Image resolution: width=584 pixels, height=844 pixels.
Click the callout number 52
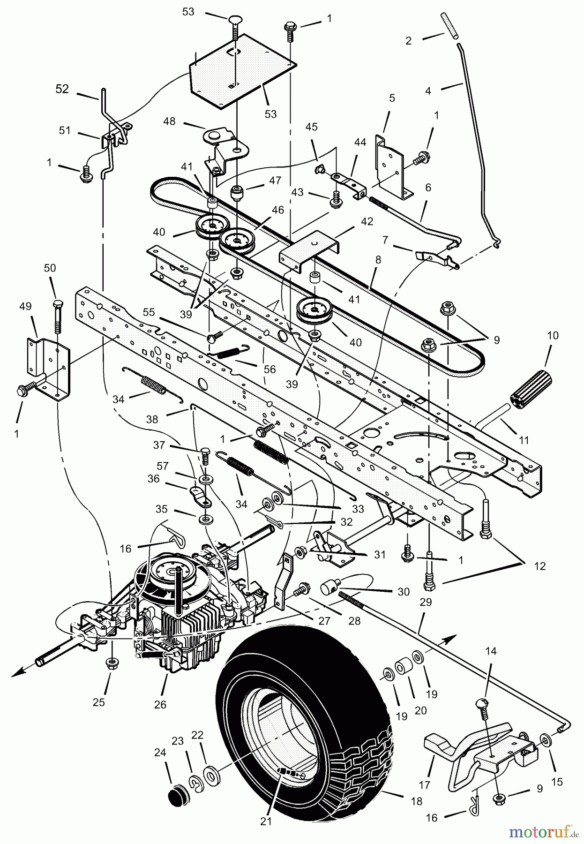point(62,89)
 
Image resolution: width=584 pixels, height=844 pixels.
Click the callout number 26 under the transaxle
point(160,705)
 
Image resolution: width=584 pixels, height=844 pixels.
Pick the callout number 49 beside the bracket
point(25,307)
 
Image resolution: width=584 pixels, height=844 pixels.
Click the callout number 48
point(169,121)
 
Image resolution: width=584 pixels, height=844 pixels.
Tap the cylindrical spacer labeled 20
point(402,667)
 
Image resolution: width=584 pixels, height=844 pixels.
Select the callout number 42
point(367,221)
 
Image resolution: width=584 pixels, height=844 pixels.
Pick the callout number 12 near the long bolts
point(540,566)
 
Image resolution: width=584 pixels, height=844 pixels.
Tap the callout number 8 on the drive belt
point(378,259)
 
